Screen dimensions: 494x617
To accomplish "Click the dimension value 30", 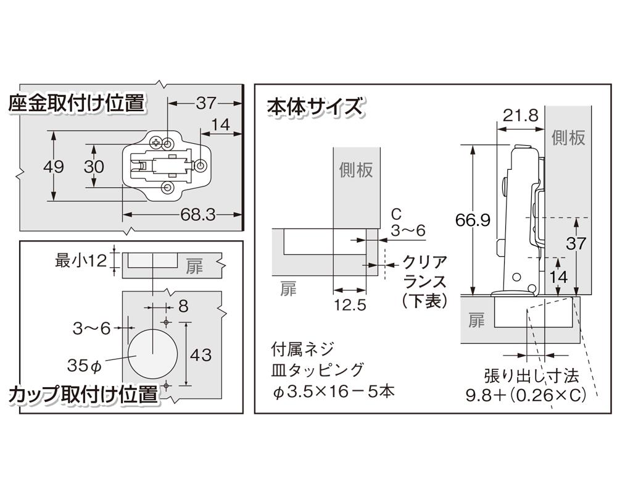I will tap(94, 166).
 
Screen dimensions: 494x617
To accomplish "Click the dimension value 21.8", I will tap(520, 115).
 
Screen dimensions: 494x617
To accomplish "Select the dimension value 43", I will tap(201, 355).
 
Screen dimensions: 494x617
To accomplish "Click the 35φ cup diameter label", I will tap(84, 365).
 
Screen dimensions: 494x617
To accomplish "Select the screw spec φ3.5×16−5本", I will tap(332, 391).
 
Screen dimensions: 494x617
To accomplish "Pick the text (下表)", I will tap(423, 301).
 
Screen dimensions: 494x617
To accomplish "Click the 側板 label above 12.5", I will tap(356, 170).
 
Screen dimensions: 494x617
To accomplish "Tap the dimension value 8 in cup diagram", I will tap(183, 305).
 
